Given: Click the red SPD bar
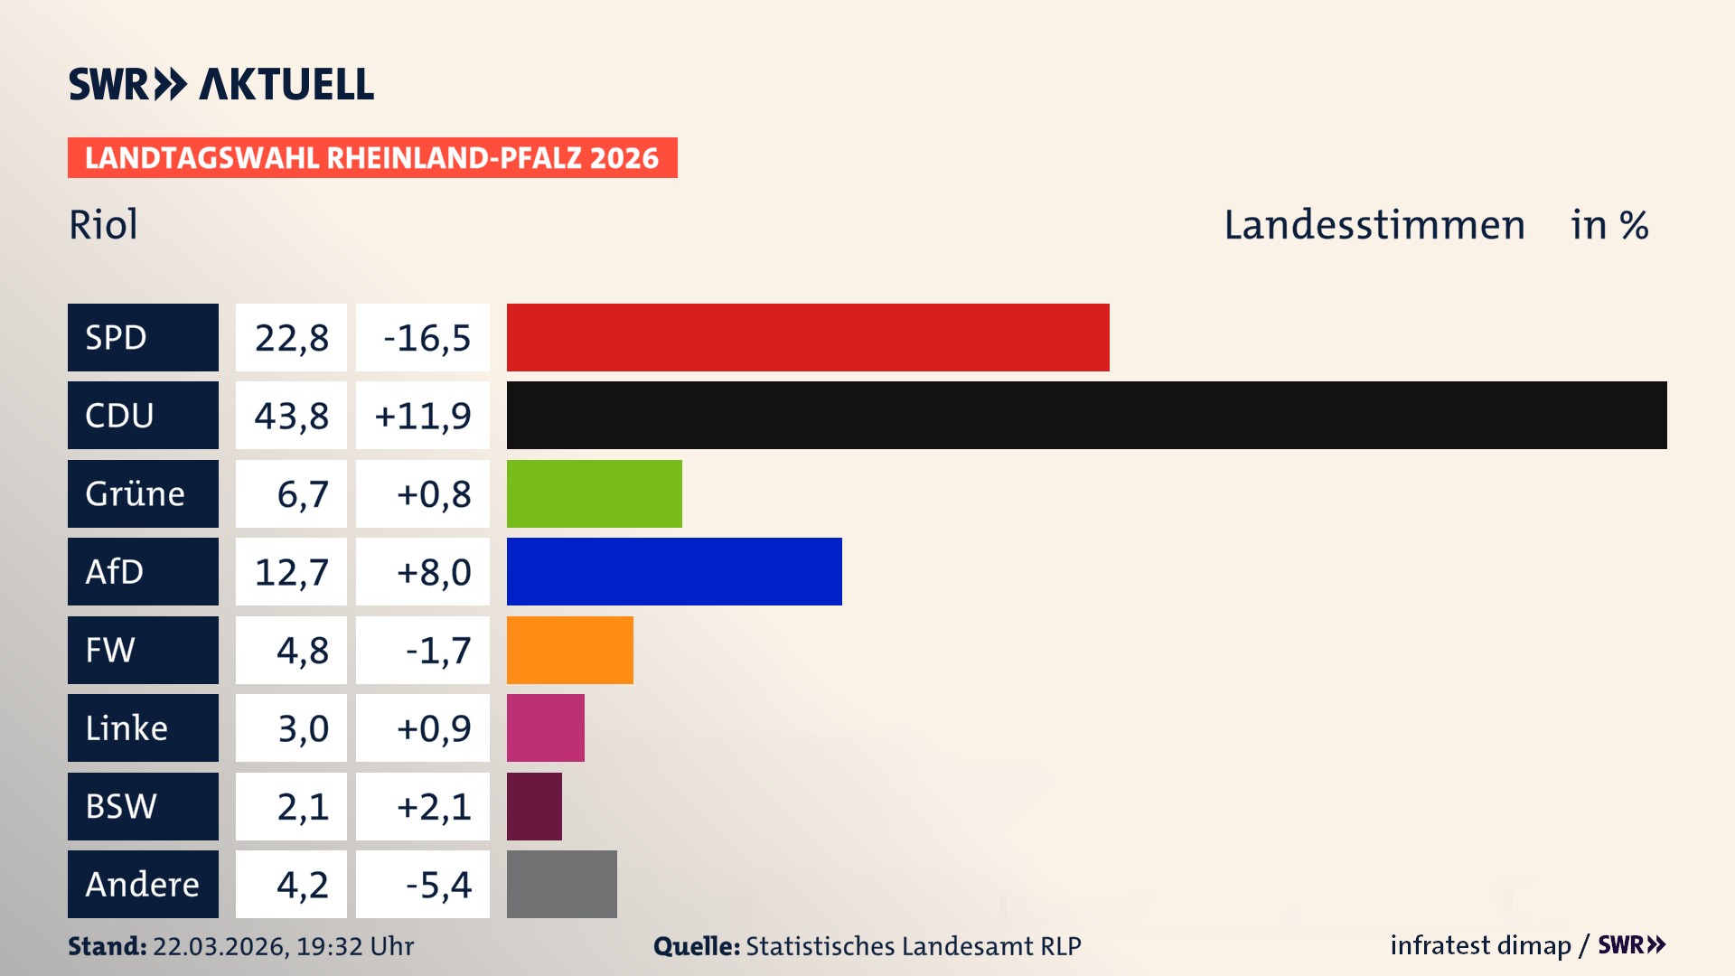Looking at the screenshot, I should pos(807,337).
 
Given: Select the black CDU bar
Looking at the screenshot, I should pos(1086,415).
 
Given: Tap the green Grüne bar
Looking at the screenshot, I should pos(594,493).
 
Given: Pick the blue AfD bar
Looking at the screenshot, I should pos(674,571).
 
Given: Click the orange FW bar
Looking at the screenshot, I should pos(569,650).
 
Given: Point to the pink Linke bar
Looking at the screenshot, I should pos(545,727).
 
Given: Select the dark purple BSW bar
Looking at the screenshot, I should pos(534,806).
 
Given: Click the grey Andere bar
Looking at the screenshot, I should pos(561,884).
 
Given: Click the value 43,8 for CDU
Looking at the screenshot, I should pos(291,416).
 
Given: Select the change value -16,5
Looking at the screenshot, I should pos(427,338).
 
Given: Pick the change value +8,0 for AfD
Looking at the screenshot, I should pos(433,572).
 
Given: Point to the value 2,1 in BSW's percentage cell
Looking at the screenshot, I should pos(302,806).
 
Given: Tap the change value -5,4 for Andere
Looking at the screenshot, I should pos(437,885).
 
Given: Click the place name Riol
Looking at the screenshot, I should pos(103,224).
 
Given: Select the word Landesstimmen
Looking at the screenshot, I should pos(1374,224).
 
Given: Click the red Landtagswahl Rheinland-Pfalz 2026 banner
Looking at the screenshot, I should pos(371,157).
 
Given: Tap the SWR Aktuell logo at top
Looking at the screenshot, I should pos(220,84).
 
